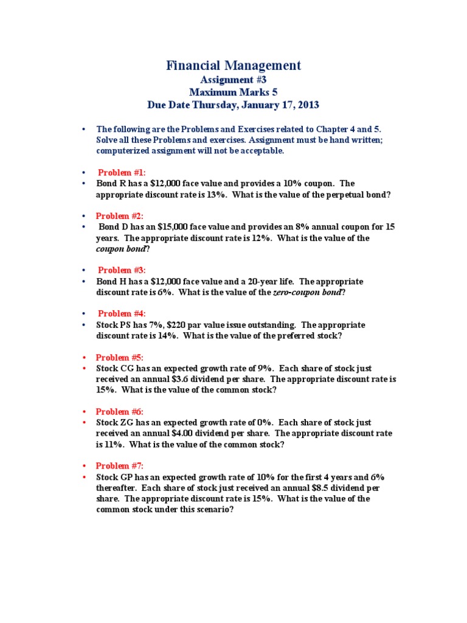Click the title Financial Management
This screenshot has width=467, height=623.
pos(233,66)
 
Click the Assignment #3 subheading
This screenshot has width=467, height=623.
pos(233,80)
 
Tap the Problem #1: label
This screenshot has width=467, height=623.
pos(122,173)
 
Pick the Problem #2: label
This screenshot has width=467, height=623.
pos(120,216)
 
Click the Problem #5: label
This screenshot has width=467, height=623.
pos(120,357)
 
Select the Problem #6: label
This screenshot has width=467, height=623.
pos(120,411)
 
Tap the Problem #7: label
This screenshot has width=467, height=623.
pos(120,465)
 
